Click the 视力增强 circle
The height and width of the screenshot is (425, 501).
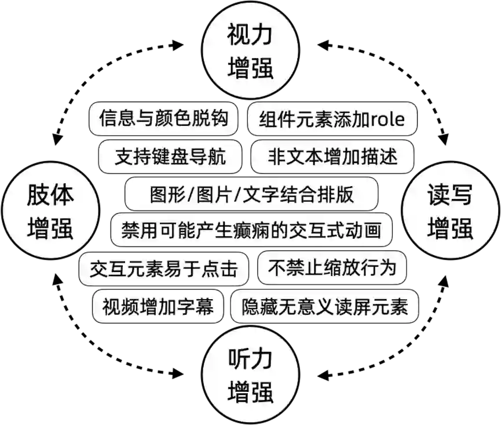(x=250, y=50)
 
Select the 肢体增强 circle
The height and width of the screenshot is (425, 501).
(x=50, y=211)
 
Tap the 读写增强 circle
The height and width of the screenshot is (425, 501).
(x=450, y=211)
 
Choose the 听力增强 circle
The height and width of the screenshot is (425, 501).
(x=250, y=376)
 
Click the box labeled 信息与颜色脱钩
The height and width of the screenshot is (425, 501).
(x=164, y=119)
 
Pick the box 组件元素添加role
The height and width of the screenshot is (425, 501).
(x=332, y=119)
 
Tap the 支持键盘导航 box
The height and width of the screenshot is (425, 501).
(x=170, y=157)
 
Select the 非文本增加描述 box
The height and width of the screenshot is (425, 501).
(x=333, y=157)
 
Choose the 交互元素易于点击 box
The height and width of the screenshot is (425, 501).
(x=164, y=268)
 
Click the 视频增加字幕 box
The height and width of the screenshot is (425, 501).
(x=158, y=304)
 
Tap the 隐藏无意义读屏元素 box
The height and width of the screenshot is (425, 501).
(x=325, y=305)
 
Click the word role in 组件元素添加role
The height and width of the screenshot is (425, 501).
(x=387, y=120)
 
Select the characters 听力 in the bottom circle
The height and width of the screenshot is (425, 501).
(x=250, y=361)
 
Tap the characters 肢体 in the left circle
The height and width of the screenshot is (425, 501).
(x=50, y=196)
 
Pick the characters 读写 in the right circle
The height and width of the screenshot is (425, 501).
(x=450, y=196)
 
